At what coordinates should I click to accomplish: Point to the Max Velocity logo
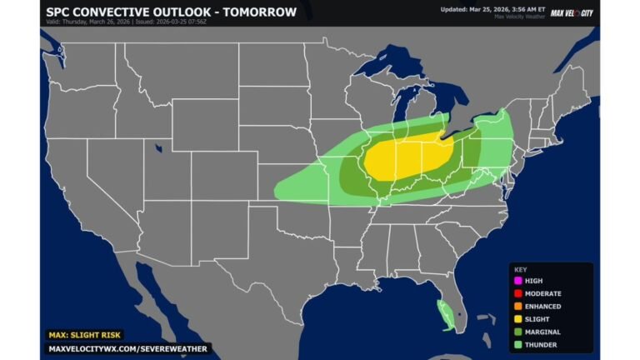pyautogui.click(x=572, y=12)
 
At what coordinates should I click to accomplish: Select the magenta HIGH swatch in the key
pyautogui.click(x=517, y=281)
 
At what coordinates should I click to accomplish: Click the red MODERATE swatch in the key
pyautogui.click(x=517, y=293)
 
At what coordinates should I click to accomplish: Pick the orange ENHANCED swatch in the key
pyautogui.click(x=517, y=306)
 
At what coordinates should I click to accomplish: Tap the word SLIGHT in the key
pyautogui.click(x=537, y=318)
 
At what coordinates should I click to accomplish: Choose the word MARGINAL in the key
pyautogui.click(x=543, y=331)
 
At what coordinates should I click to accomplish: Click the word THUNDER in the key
pyautogui.click(x=541, y=343)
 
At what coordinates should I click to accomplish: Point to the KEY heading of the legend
pyautogui.click(x=520, y=269)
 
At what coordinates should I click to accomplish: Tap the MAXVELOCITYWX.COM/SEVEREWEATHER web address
pyautogui.click(x=127, y=348)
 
